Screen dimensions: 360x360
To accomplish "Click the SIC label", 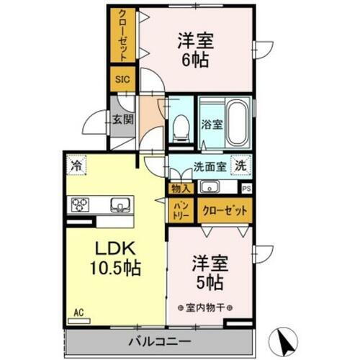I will pos(121,80).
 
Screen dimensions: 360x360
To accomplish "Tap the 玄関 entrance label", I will pos(121,119).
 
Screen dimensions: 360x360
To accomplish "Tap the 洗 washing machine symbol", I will pos(243,165).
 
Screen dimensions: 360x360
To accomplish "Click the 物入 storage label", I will pos(180,189).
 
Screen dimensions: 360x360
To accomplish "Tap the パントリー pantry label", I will pos(179,210).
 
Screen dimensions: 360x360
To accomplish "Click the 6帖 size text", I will pos(196,61).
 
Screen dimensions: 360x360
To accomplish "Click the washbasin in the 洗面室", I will pos(210,189).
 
